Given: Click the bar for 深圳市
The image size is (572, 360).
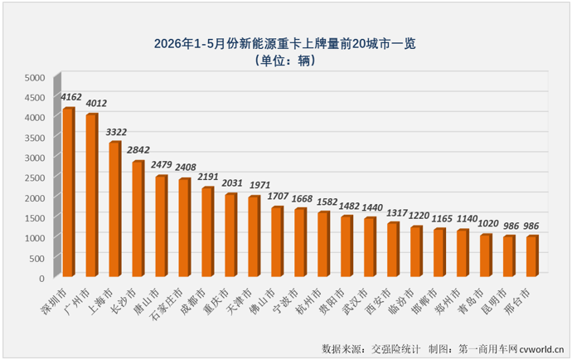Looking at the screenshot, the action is coord(69,192).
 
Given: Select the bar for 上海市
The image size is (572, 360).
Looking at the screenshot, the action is coord(115,209).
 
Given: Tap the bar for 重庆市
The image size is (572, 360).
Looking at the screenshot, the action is coord(231,235).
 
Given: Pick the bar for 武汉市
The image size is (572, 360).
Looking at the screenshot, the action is coord(370,247).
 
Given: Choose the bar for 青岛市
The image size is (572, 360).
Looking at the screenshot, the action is coord(486,255).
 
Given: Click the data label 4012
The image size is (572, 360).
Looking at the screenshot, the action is coord(96,104).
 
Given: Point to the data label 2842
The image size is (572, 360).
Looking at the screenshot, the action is coord(138,150).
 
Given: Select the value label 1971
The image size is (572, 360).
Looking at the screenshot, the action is coord(259,185).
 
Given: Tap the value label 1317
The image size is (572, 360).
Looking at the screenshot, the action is coord(397,212).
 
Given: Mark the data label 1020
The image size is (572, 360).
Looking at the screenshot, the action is coord(488,223).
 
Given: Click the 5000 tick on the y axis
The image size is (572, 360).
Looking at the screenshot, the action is coord(35,78).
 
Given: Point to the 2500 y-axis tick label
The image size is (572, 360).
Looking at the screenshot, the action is coord(35,178).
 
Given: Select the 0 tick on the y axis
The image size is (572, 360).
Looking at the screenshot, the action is coord(41,278).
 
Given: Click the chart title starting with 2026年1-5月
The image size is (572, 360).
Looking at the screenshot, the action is coord(285,44).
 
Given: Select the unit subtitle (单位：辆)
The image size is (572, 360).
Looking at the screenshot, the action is coord(285,61).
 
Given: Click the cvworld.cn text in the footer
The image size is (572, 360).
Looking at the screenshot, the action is coord(541,349).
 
